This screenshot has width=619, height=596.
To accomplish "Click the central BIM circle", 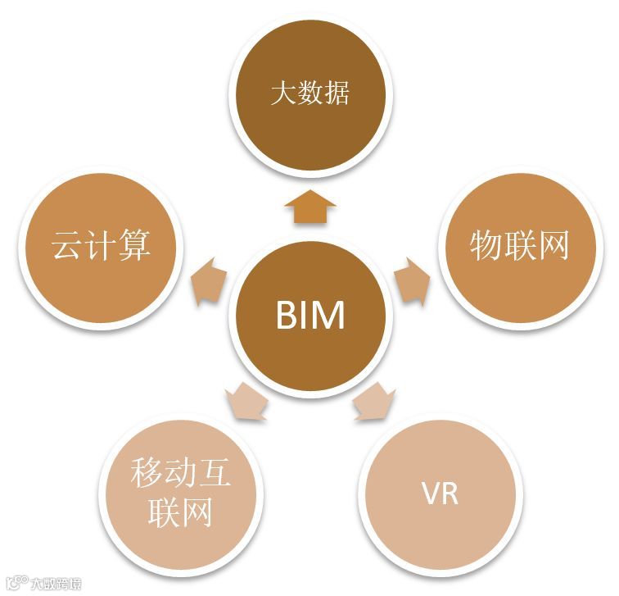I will click(x=309, y=315).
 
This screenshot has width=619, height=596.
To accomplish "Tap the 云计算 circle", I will click(x=101, y=244).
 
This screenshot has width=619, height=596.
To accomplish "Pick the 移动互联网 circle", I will click(x=180, y=492).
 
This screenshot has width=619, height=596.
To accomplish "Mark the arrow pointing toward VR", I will click(x=373, y=403).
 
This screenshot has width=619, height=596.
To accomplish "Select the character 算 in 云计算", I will click(x=134, y=244).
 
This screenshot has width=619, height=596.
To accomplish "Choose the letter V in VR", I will click(x=429, y=495).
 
